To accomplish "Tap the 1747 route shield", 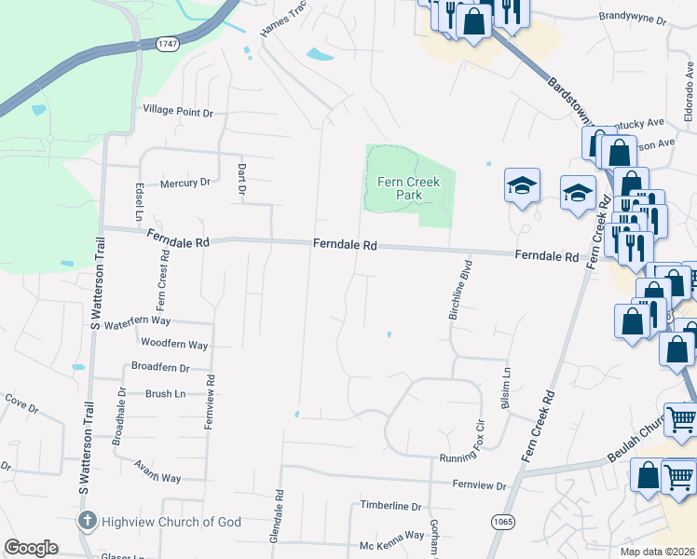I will pyautogui.click(x=168, y=44).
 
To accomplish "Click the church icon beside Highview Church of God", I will pyautogui.click(x=87, y=521).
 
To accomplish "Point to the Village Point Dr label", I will pyautogui.click(x=178, y=112).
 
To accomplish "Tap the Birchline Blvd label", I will pyautogui.click(x=461, y=290).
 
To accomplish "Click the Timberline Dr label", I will pyautogui.click(x=391, y=506).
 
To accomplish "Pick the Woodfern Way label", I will pyautogui.click(x=173, y=344).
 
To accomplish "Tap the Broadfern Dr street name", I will pyautogui.click(x=160, y=367).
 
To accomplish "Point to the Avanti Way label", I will pyautogui.click(x=157, y=471).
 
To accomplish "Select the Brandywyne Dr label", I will pyautogui.click(x=634, y=19).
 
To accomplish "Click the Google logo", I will pyautogui.click(x=31, y=548).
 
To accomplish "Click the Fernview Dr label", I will pyautogui.click(x=479, y=485).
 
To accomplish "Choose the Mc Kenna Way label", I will pyautogui.click(x=392, y=536).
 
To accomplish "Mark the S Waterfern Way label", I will pyautogui.click(x=130, y=322).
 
